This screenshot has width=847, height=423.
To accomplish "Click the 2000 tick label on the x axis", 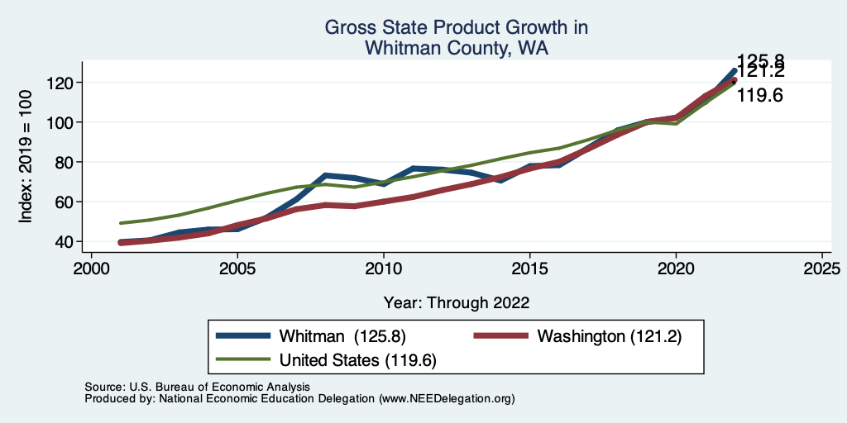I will click(x=91, y=269).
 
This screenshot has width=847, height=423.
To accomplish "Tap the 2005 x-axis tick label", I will click(x=237, y=269).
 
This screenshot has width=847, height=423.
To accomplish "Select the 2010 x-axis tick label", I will click(x=383, y=269).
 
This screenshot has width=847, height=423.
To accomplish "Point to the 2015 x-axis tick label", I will click(x=529, y=269).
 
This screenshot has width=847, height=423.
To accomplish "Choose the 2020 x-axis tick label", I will click(x=676, y=269).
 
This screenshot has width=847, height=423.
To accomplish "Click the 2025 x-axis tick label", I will click(x=822, y=269).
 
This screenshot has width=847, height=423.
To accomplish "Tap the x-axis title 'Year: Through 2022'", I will click(x=457, y=302).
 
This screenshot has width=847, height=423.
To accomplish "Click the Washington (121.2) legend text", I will click(x=609, y=336).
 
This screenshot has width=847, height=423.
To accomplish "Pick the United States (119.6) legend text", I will click(x=358, y=360).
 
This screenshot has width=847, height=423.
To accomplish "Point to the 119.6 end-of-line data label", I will click(x=760, y=96).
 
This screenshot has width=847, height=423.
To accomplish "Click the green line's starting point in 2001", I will click(x=121, y=223).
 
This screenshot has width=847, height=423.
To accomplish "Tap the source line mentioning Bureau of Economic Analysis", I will click(x=197, y=387).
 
